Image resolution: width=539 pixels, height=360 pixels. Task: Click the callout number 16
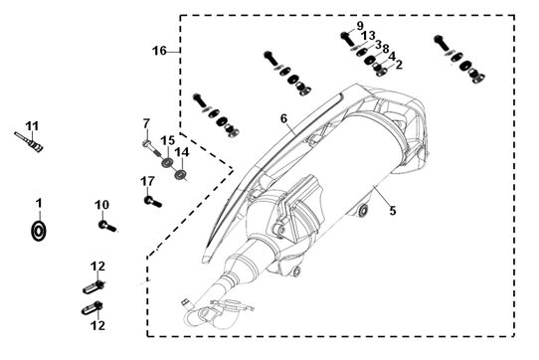159,51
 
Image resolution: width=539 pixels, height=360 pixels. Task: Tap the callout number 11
32,126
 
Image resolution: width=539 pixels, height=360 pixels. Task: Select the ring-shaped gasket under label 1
39,231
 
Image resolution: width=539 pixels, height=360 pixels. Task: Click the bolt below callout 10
107,226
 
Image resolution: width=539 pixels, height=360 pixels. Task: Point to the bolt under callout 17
152,202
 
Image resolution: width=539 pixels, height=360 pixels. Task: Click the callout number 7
147,123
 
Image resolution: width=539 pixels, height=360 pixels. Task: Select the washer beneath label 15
168,162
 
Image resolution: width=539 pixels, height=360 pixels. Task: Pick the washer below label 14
180,174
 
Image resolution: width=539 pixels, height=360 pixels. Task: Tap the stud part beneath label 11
29,140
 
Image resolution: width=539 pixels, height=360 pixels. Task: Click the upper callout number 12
98,267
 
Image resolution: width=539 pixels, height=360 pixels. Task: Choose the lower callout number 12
98,325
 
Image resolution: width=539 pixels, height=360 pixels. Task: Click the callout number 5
393,211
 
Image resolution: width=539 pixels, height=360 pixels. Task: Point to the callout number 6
283,118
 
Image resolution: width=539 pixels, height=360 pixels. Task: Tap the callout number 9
360,26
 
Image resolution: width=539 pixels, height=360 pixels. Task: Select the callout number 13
368,36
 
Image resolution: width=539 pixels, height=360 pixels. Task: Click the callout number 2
399,65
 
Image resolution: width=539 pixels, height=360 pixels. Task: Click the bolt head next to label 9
344,35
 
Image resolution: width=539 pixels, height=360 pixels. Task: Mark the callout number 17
148,181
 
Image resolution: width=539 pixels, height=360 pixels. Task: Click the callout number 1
39,203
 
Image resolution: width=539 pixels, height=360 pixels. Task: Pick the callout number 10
102,205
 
